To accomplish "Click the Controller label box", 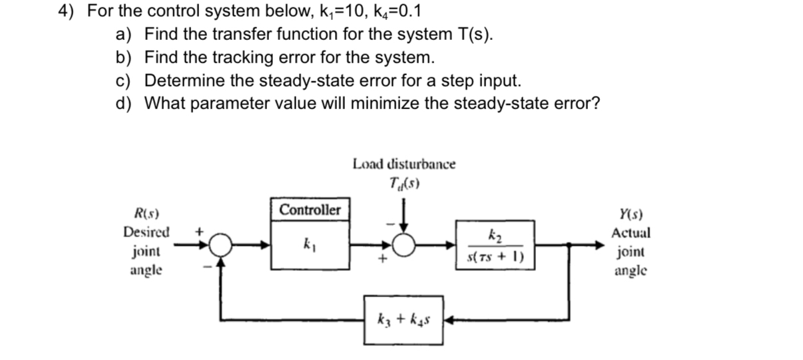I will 310,210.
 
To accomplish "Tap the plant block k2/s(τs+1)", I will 495,244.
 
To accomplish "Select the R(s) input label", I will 146,214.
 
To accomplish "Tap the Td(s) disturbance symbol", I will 404,184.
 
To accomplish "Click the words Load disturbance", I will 404,164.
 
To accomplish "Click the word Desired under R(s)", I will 146,233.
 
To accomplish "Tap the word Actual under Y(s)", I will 631,234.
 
